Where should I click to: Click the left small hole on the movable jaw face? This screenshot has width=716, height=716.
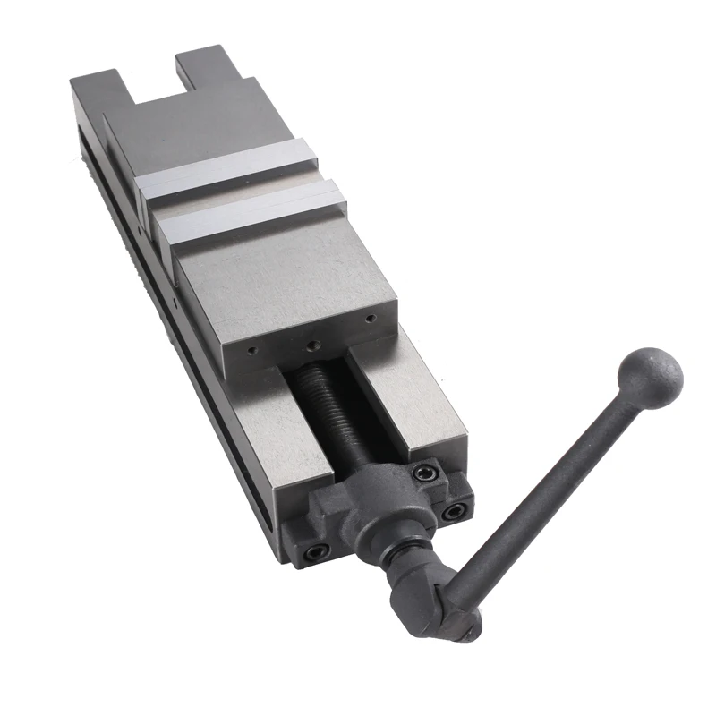(251, 352)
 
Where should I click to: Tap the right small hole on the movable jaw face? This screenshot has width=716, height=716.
(368, 318)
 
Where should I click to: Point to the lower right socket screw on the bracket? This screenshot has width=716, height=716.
(454, 511)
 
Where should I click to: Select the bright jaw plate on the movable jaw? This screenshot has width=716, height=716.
(251, 210)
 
